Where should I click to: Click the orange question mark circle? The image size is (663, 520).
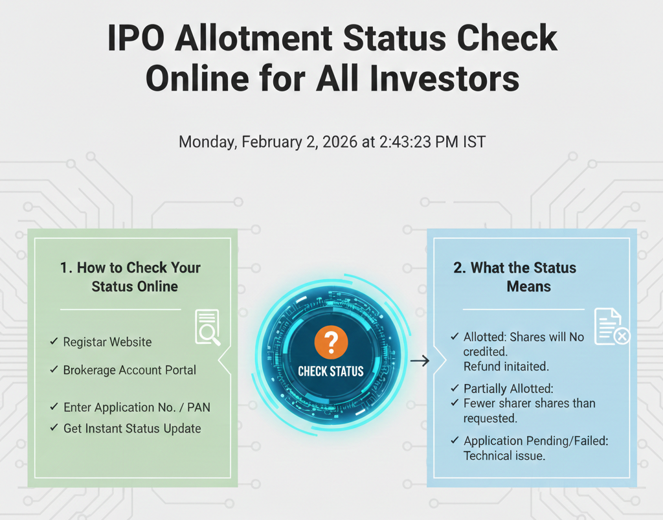(331, 342)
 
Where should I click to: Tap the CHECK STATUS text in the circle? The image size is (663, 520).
(331, 372)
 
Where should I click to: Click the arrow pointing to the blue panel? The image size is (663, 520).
(420, 361)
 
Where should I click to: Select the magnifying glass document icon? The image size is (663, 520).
(208, 328)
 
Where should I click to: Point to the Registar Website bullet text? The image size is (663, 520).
(107, 342)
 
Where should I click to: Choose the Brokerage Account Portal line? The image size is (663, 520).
(129, 370)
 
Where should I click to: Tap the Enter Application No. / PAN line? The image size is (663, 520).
(137, 407)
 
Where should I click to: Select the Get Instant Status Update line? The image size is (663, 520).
(132, 429)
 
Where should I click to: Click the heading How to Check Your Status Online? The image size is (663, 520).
(131, 277)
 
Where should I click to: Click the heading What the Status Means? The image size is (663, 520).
(515, 277)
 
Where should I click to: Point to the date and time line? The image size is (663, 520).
(332, 142)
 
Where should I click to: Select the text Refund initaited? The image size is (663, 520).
(506, 367)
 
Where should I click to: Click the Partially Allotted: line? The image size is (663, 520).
(508, 389)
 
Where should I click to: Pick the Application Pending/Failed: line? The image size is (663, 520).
(535, 441)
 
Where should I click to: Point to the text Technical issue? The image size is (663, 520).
(504, 456)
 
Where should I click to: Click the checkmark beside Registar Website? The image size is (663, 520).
(54, 341)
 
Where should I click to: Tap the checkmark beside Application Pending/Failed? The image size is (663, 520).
(455, 440)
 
